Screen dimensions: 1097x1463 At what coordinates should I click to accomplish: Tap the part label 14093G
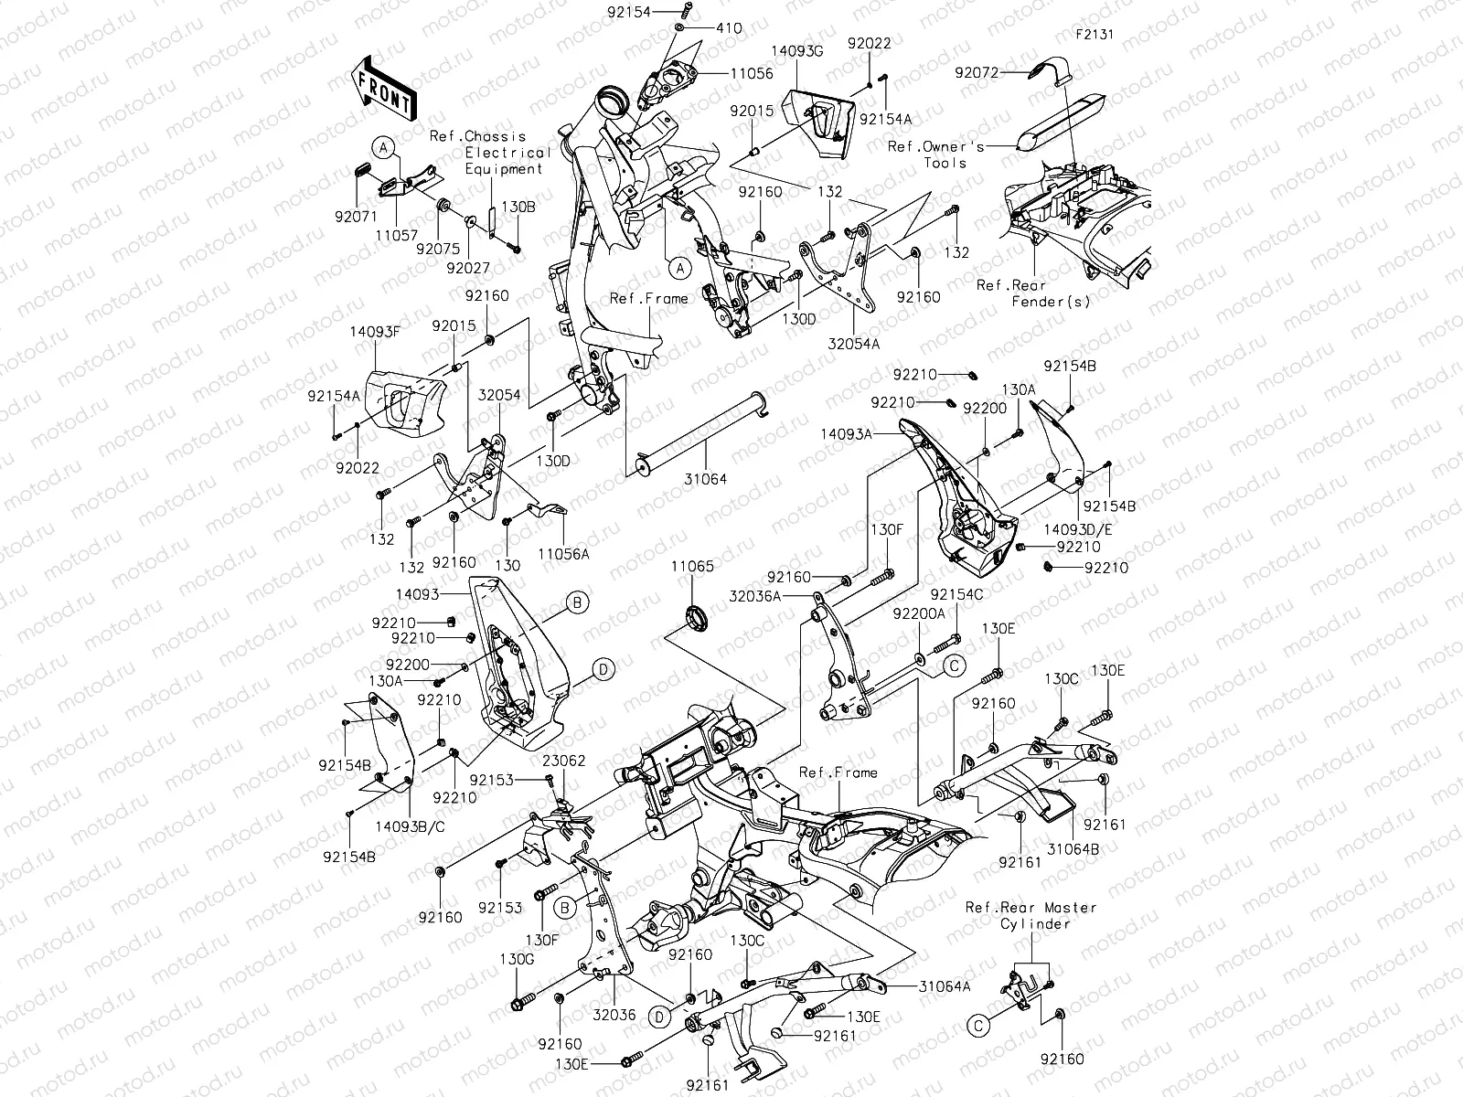796,52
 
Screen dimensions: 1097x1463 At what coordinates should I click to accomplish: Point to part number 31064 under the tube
705,479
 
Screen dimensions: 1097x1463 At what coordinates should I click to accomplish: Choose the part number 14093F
375,333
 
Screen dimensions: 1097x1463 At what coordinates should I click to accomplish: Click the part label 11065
691,567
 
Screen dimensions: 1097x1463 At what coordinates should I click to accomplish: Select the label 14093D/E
1072,528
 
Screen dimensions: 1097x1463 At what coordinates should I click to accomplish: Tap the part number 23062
564,761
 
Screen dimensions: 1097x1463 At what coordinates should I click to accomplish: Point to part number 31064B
1073,848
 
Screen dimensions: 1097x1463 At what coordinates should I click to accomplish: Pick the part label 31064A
945,985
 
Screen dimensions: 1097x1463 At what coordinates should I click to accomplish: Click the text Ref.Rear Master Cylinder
1031,915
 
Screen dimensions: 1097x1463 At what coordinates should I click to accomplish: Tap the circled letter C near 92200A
953,665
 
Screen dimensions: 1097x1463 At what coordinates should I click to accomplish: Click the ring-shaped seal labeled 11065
697,617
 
